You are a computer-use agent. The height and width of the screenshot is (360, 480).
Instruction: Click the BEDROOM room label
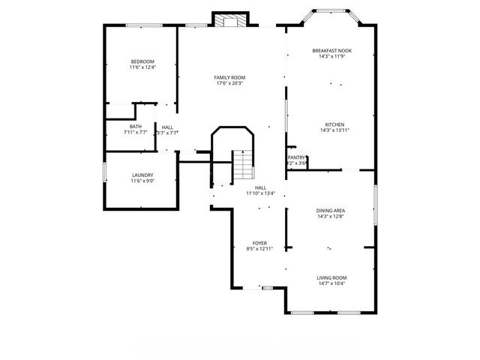[x=142, y=61]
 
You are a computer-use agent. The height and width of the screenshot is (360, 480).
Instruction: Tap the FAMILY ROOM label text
[x=229, y=77]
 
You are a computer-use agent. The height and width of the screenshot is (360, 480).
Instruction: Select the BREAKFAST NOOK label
[x=331, y=50]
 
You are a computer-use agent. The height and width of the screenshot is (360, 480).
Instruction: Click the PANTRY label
[x=297, y=157]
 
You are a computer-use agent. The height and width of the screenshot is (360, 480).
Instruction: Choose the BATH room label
[x=135, y=127]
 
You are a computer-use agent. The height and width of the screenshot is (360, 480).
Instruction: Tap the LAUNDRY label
[x=142, y=175]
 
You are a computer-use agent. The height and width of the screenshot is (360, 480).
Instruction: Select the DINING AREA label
[x=331, y=211]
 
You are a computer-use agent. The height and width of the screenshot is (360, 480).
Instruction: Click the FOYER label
[x=259, y=243]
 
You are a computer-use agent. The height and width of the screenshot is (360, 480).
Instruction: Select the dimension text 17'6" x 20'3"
[x=229, y=83]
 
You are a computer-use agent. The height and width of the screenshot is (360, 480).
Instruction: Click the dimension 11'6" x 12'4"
[x=142, y=67]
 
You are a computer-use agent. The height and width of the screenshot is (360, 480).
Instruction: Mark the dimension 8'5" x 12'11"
[x=259, y=249]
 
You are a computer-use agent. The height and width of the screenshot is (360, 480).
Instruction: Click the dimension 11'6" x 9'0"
[x=142, y=181]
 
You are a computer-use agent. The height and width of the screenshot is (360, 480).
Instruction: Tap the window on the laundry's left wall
[x=104, y=172]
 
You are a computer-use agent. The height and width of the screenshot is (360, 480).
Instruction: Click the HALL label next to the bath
[x=167, y=127]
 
